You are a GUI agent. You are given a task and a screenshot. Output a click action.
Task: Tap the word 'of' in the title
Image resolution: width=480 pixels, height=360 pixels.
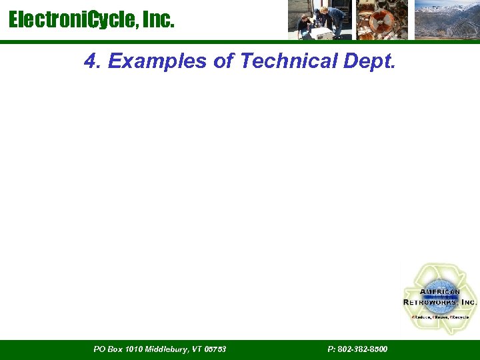tap(224, 61)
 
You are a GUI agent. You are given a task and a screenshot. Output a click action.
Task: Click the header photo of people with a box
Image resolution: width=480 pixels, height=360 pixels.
tap(319, 20)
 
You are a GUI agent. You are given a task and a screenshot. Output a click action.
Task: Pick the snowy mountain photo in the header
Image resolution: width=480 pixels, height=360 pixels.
tap(446, 20)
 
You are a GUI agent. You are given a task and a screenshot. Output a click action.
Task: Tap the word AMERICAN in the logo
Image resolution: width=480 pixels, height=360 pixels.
tap(439, 292)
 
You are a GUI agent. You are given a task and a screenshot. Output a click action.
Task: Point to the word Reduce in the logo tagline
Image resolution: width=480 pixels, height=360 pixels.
tap(421, 317)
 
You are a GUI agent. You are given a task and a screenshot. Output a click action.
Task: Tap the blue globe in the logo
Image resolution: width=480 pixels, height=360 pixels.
tap(439, 297)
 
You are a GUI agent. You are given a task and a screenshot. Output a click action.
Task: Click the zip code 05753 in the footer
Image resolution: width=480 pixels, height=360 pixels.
tap(215, 349)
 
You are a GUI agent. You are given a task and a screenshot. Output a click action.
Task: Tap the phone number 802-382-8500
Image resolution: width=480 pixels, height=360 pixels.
tap(363, 349)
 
